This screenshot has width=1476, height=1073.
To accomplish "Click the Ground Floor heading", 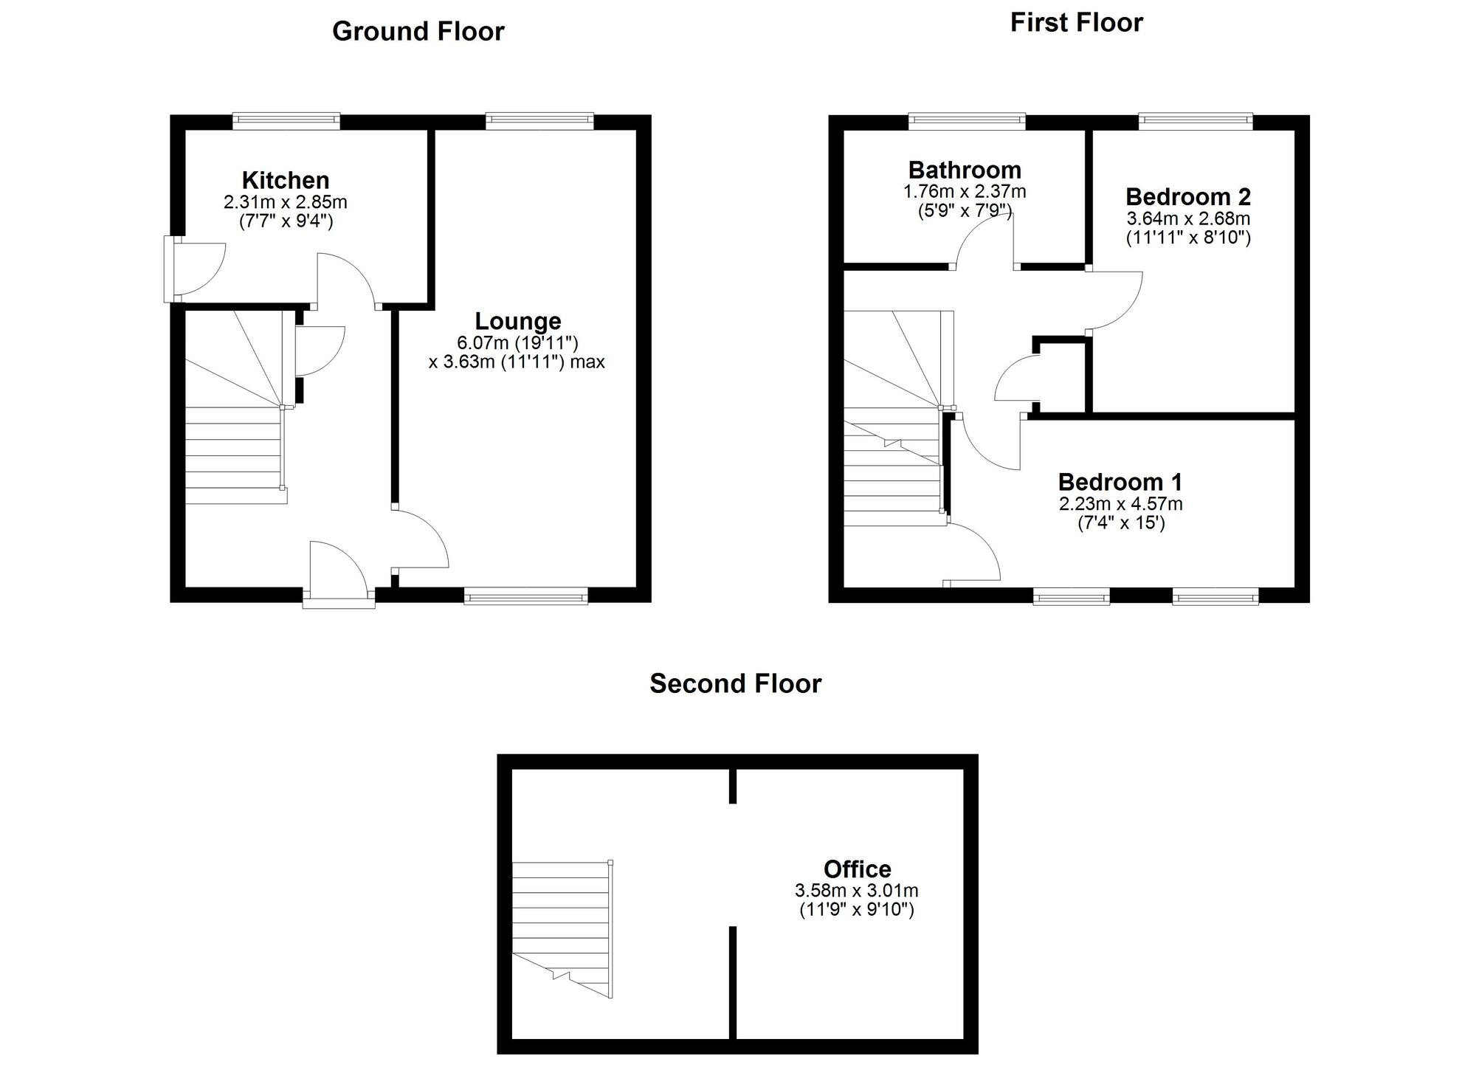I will coord(418,32).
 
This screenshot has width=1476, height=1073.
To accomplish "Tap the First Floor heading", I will coord(1076,23).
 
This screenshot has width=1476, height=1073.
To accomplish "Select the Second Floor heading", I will coord(735,684).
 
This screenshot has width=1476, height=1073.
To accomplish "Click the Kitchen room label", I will coord(286,180).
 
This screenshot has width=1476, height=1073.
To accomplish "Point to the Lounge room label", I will coord(517,321).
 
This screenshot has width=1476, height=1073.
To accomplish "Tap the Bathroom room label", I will coord(965,170).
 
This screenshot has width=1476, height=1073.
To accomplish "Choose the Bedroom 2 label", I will coord(1188,197).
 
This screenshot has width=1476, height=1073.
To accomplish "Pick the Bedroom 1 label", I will coord(1120,483).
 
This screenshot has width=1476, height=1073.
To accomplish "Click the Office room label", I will coord(857,869).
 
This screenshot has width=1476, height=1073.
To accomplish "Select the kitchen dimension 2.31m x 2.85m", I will coord(286,202).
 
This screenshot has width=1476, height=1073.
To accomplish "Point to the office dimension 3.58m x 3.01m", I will coord(857,891).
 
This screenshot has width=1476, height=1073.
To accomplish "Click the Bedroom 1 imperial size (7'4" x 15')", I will coord(1121,524).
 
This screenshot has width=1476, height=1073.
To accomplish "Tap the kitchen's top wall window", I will coord(286,120).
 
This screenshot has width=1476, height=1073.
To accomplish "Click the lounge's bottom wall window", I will coord(526,596).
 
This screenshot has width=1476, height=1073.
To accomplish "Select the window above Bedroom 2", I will coord(1196,120).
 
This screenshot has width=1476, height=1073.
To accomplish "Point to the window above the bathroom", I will coord(967,120).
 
